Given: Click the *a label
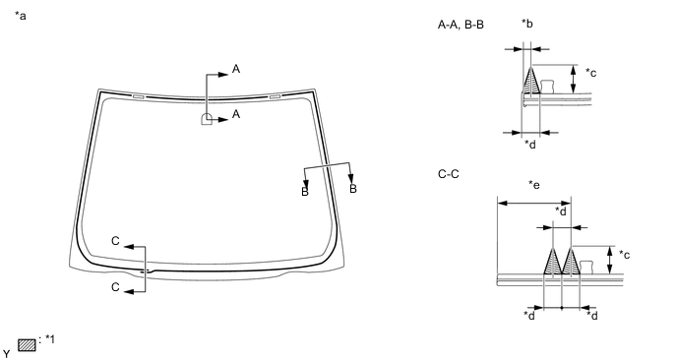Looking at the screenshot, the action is tap(21, 18).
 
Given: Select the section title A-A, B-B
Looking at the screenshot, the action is tap(461, 25).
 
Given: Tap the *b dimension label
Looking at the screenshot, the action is tap(527, 24).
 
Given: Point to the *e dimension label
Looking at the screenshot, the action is tap(533, 184).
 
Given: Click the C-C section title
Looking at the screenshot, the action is tap(450, 174).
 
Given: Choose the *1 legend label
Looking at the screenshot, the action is tap(51, 339).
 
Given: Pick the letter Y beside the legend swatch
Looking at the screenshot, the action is tap(7, 352).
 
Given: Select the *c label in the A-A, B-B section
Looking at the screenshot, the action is tap(590, 72).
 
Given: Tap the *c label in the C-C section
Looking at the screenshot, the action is tap(624, 255).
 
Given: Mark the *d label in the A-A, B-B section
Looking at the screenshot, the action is tap(530, 146).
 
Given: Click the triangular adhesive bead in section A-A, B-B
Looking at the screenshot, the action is tap(531, 82).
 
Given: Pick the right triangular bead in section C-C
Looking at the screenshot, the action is tap(570, 262).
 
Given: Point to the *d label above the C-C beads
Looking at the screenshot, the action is tap(560, 210).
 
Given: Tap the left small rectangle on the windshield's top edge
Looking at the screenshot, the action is tap(137, 96).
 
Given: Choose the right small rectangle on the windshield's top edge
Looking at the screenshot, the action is tap(275, 96).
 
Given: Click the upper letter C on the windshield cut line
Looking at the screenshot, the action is tap(115, 240).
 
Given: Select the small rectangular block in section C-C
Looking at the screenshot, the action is tap(587, 266).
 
